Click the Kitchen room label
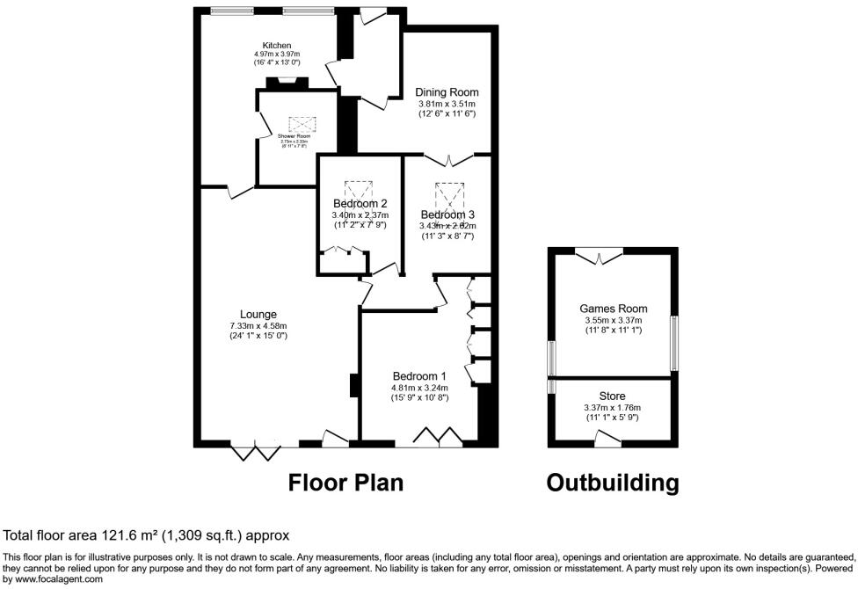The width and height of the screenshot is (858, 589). [x=276, y=46]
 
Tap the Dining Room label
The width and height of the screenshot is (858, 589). [x=447, y=92]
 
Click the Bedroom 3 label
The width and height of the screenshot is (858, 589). [x=447, y=215]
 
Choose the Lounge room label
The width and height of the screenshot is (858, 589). [x=258, y=315]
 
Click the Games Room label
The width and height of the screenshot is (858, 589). [x=613, y=309]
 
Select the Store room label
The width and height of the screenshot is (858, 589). [x=614, y=396]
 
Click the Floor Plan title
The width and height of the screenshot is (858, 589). [x=346, y=483]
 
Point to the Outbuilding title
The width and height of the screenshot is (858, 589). [x=613, y=483]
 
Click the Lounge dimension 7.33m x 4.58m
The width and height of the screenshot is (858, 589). [x=258, y=326]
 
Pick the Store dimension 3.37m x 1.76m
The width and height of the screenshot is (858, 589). [x=614, y=408]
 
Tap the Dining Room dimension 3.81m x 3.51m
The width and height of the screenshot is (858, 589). [x=447, y=104]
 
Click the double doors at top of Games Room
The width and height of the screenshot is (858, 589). [x=601, y=256]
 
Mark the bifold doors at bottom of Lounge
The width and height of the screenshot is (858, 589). [x=255, y=451]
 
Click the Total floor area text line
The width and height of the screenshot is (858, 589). [x=147, y=535]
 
